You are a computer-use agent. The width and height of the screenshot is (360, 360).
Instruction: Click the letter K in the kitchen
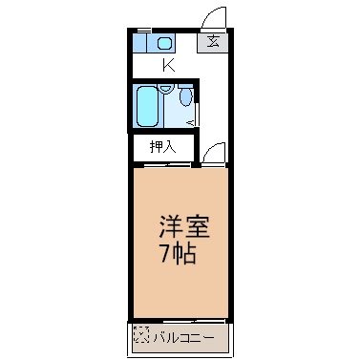(168, 66)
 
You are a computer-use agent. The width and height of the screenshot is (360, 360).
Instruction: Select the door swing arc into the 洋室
(214, 153)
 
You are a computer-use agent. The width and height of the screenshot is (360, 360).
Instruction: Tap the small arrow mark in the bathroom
(192, 122)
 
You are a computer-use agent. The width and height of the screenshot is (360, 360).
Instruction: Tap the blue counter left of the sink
(141, 44)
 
